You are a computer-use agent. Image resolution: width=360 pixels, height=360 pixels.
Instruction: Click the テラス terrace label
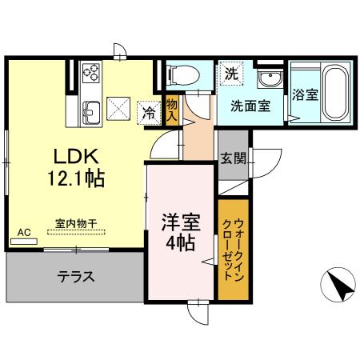click(76, 278)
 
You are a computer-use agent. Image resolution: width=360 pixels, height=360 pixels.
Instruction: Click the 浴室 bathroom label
click(306, 94)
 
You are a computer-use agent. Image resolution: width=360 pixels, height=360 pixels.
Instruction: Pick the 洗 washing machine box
click(230, 74)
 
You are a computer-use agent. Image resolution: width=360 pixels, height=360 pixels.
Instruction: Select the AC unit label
click(24, 232)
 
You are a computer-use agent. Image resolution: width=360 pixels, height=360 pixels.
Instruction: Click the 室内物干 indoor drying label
click(76, 225)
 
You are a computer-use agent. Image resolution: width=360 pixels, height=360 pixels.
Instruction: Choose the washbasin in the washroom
click(270, 80)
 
